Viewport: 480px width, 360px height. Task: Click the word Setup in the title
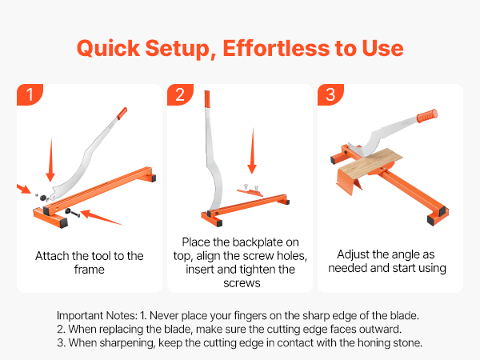[181, 49]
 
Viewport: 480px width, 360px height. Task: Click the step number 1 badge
[30, 94]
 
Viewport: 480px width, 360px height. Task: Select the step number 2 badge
[180, 94]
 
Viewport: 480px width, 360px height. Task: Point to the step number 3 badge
[330, 94]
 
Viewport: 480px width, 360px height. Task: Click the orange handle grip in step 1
[122, 114]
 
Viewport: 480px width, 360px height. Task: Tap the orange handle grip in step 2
[207, 99]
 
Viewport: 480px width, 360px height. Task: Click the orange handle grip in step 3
[427, 115]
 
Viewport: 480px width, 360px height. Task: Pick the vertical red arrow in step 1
[51, 160]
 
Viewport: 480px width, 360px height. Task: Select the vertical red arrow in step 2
[252, 150]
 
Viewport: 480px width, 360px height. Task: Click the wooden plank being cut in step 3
[370, 163]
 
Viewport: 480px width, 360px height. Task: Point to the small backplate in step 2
[250, 192]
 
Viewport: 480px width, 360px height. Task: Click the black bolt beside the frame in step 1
[72, 213]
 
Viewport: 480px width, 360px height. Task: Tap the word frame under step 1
[90, 270]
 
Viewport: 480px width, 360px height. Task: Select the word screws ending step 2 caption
[242, 283]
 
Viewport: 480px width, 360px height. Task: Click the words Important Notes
[97, 315]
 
